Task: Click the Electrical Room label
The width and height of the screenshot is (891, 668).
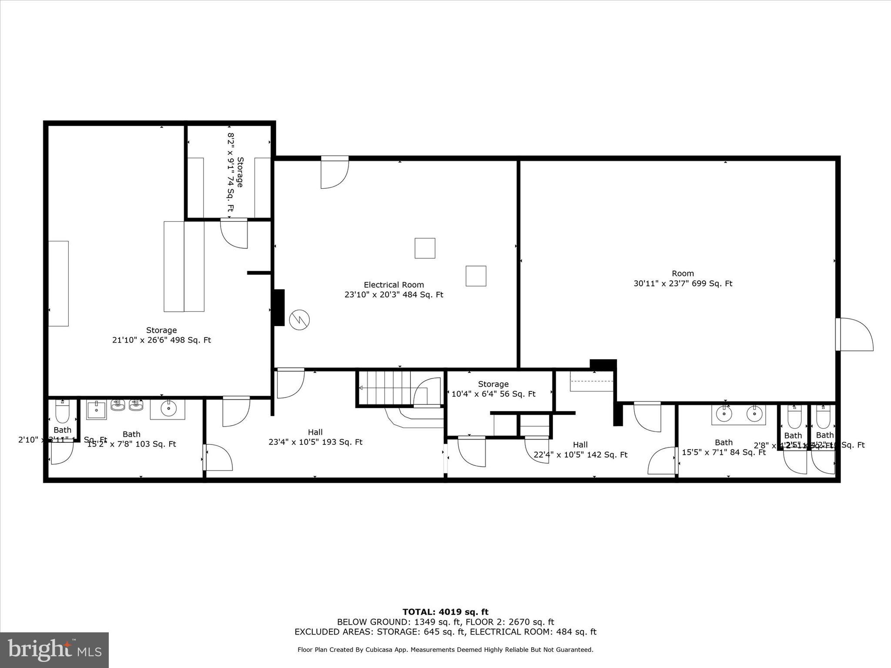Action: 394,285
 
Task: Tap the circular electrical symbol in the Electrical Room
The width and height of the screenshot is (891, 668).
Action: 300,320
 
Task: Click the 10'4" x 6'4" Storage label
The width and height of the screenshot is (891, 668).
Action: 493,389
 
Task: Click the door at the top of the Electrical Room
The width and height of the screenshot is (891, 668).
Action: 334,173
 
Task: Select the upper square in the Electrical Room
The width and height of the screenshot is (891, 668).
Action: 425,248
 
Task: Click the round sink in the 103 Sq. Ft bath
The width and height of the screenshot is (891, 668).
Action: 168,408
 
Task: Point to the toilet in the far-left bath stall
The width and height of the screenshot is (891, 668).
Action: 63,412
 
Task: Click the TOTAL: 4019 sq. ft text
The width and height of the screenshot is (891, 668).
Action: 445,612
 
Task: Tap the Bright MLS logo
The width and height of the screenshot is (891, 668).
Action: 54,650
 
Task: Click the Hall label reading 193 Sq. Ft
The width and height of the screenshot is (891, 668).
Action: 315,437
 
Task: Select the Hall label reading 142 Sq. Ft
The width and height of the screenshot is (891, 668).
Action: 580,450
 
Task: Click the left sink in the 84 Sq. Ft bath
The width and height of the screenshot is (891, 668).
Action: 724,414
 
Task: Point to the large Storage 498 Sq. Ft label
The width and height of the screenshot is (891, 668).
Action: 161,335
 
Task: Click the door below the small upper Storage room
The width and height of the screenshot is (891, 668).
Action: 234,233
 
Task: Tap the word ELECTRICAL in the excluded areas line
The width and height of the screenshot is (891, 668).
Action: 496,632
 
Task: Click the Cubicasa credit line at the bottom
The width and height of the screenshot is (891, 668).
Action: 445,650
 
